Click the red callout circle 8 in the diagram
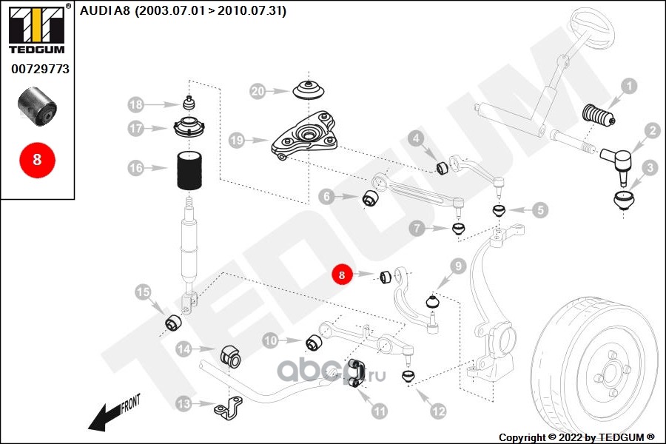(x=342, y=275)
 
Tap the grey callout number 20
(x=258, y=91)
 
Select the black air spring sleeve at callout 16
(x=189, y=170)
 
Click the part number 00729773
(x=41, y=69)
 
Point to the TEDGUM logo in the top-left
(x=37, y=29)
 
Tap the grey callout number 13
(x=184, y=403)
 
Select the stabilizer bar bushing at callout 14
(x=231, y=356)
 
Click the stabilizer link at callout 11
(x=356, y=374)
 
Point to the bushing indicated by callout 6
(x=371, y=198)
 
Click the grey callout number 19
(x=237, y=140)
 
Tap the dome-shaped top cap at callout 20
(x=309, y=90)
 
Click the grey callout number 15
(x=143, y=292)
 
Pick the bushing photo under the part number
(x=38, y=107)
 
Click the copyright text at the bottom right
(x=576, y=437)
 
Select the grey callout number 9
(x=458, y=266)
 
